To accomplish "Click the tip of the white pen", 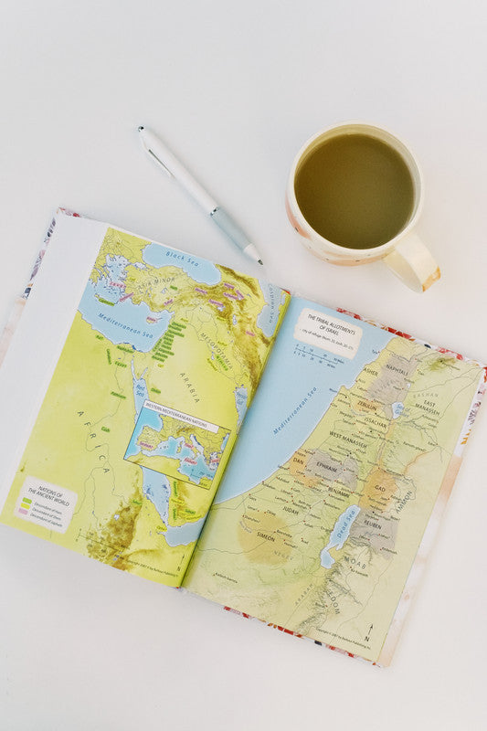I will tap(260, 263).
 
